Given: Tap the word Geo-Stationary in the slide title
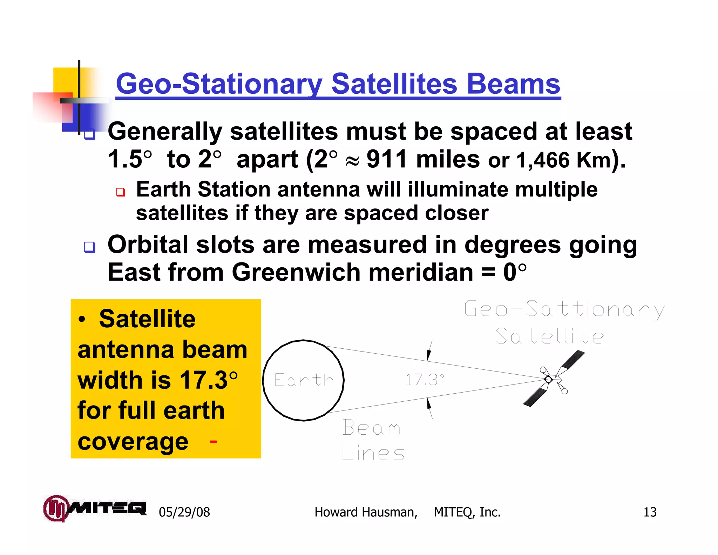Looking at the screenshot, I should [219, 84].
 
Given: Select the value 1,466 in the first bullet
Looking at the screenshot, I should [543, 160].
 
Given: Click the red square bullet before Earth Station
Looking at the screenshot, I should [121, 192].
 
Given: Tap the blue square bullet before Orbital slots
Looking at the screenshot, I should [89, 247].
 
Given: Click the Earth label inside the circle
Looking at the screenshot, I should [304, 380].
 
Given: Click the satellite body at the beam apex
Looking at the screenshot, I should [549, 379].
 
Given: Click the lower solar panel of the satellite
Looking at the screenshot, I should [534, 398].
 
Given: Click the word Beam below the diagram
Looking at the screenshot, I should [371, 428].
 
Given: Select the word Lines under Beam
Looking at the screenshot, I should [373, 453].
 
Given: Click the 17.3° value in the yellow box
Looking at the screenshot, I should [209, 380].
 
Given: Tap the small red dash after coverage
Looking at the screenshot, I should [213, 441].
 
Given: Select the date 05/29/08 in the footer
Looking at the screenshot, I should [184, 512].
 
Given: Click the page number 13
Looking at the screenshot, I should [650, 512].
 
